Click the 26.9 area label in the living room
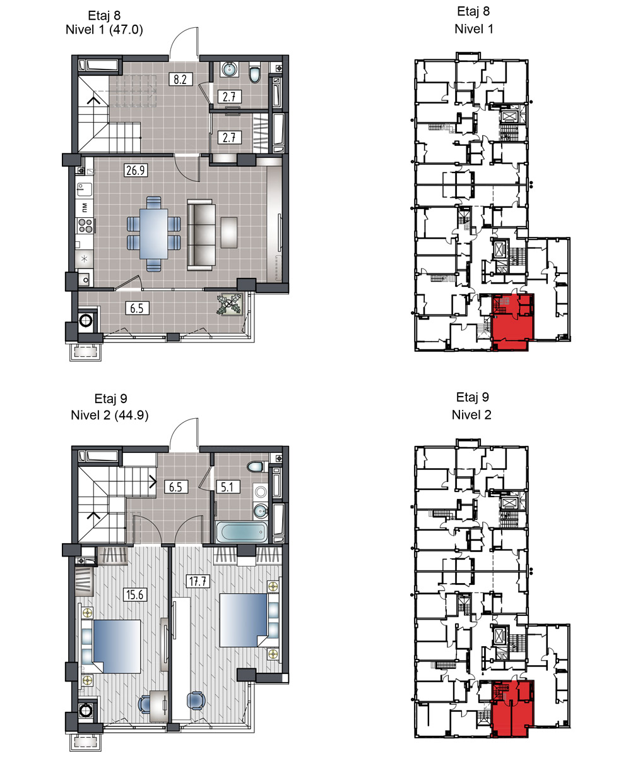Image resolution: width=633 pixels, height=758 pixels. pyautogui.click(x=135, y=170)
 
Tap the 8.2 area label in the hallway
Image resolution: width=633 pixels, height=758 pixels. pyautogui.click(x=180, y=79)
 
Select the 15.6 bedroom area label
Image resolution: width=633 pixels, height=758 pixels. pyautogui.click(x=135, y=594)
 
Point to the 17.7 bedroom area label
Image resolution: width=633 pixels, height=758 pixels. pyautogui.click(x=198, y=581)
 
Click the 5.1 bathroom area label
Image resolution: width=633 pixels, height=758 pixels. pyautogui.click(x=227, y=486)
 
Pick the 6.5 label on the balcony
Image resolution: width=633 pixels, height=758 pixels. pyautogui.click(x=137, y=308)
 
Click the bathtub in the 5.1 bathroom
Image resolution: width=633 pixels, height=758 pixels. pyautogui.click(x=242, y=532)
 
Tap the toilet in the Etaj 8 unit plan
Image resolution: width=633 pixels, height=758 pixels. pyautogui.click(x=255, y=74)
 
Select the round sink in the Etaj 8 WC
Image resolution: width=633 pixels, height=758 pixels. pyautogui.click(x=229, y=69)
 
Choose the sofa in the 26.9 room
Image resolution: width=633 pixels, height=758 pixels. pyautogui.click(x=201, y=234)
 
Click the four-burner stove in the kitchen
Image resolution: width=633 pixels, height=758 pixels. pyautogui.click(x=85, y=226)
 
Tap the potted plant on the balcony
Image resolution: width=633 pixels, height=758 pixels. pyautogui.click(x=229, y=304)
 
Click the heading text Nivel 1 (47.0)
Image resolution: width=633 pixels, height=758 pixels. pyautogui.click(x=105, y=30)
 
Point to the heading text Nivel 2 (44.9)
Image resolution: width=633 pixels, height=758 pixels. pyautogui.click(x=110, y=415)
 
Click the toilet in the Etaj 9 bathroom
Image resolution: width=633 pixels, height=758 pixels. pyautogui.click(x=257, y=467)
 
